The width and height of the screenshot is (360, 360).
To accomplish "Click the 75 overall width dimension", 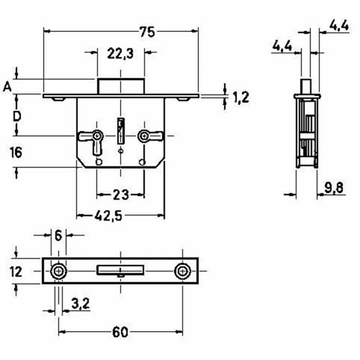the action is (x=147, y=32).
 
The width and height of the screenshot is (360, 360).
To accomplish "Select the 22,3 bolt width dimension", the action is (x=120, y=53).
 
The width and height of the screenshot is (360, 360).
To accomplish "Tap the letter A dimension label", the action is (x=7, y=86).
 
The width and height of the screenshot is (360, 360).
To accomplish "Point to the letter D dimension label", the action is (x=17, y=117).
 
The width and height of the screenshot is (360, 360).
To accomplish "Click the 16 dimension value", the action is (x=16, y=153).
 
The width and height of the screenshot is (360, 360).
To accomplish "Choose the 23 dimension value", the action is (x=121, y=194).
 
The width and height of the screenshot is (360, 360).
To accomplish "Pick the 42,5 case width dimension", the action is (x=108, y=216).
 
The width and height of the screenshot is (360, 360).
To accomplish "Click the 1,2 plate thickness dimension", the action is (x=241, y=97).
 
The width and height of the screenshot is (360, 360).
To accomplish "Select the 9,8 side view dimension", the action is (x=334, y=188).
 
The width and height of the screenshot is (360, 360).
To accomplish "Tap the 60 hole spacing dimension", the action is (x=120, y=332).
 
